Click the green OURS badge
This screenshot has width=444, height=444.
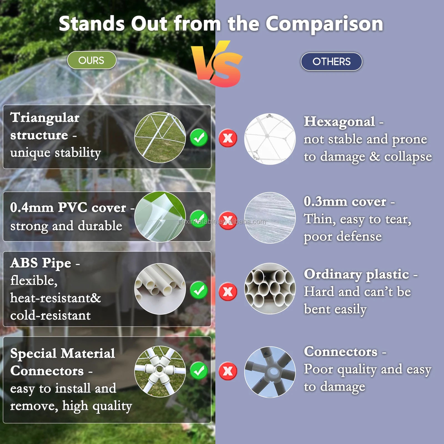pyautogui.click(x=92, y=60)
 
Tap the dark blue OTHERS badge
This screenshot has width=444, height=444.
pyautogui.click(x=331, y=62)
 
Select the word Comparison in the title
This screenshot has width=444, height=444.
pyautogui.click(x=324, y=24)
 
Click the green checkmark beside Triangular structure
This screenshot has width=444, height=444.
pyautogui.click(x=199, y=138)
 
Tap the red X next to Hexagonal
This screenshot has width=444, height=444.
pyautogui.click(x=228, y=138)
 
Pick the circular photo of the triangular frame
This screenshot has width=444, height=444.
pyautogui.click(x=160, y=137)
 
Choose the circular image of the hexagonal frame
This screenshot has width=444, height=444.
pyautogui.click(x=270, y=139)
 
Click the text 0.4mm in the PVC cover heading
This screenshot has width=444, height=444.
pyautogui.click(x=32, y=208)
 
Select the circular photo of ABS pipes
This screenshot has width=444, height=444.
pyautogui.click(x=160, y=289)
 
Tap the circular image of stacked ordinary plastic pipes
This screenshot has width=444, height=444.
pyautogui.click(x=270, y=289)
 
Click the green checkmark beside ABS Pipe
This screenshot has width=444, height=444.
pyautogui.click(x=199, y=290)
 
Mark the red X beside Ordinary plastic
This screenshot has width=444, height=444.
pyautogui.click(x=228, y=292)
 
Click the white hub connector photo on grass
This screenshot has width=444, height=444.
pyautogui.click(x=160, y=371)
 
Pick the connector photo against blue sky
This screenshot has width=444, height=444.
pyautogui.click(x=270, y=372)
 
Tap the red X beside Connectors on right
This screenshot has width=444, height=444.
pyautogui.click(x=228, y=371)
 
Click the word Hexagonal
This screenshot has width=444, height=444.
pyautogui.click(x=339, y=122)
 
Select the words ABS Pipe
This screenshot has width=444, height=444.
pyautogui.click(x=41, y=263)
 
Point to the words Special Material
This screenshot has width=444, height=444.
pyautogui.click(x=62, y=354)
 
